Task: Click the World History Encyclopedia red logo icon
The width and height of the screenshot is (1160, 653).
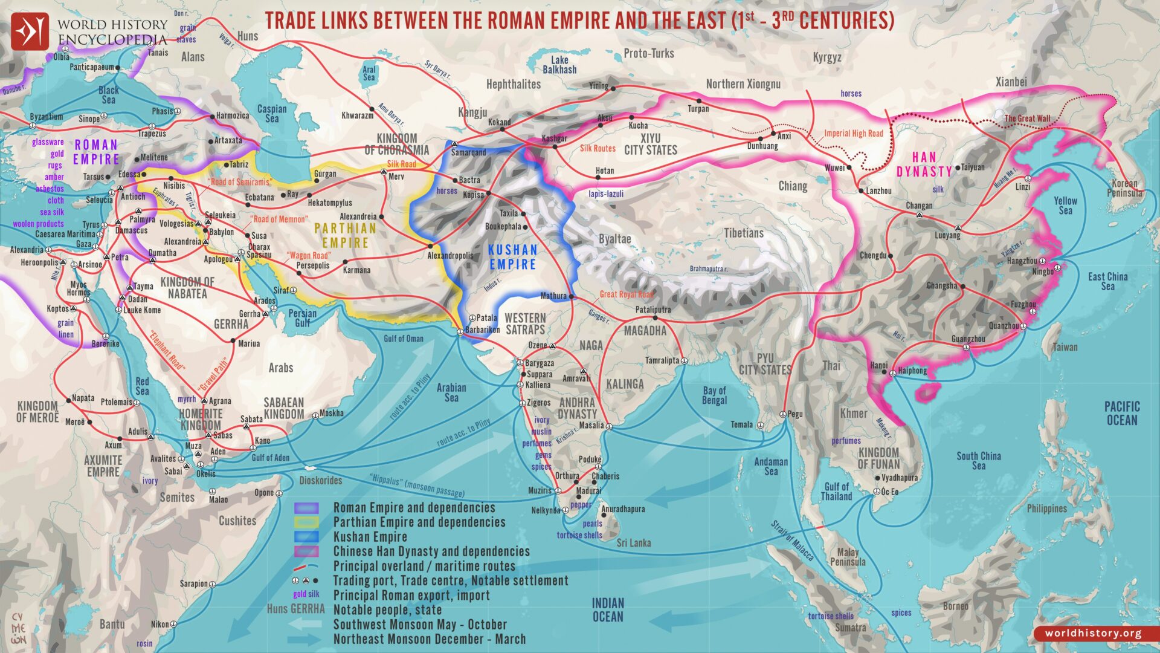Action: click(30, 31)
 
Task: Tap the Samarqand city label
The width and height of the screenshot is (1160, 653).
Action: click(468, 152)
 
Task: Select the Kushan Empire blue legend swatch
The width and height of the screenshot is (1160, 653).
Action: click(306, 537)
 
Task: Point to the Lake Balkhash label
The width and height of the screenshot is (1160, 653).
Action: click(559, 65)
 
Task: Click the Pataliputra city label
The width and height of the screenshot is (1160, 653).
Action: click(653, 310)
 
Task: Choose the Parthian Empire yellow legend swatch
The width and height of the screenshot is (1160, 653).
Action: click(306, 522)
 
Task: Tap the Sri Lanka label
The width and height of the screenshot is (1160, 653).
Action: click(634, 543)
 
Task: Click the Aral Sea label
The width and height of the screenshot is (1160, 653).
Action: click(369, 73)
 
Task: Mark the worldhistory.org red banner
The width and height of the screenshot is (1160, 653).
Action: click(1094, 633)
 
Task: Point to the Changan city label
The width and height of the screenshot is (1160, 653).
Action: click(919, 206)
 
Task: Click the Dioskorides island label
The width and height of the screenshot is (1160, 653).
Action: click(321, 481)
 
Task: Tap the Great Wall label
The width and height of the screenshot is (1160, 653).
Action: click(1027, 119)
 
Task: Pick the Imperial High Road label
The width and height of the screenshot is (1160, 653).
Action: click(854, 134)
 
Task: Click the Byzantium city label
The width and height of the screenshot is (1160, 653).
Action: click(46, 116)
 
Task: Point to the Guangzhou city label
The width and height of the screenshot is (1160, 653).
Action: click(968, 339)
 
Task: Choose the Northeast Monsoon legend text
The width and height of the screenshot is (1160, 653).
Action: click(430, 639)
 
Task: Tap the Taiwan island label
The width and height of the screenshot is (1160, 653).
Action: click(1065, 347)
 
